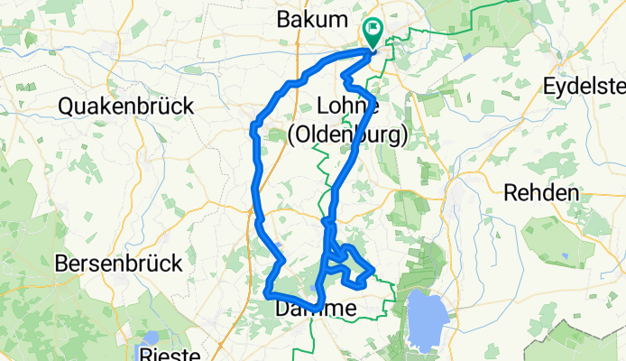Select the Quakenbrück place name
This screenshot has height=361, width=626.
[126, 106]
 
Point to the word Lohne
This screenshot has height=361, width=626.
[347, 106]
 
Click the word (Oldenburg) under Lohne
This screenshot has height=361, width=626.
[347, 134]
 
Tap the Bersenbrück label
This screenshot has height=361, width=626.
[118, 264]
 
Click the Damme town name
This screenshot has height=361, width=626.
[315, 310]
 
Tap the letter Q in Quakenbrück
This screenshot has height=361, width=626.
[67, 106]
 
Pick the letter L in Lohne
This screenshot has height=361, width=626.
[323, 106]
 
